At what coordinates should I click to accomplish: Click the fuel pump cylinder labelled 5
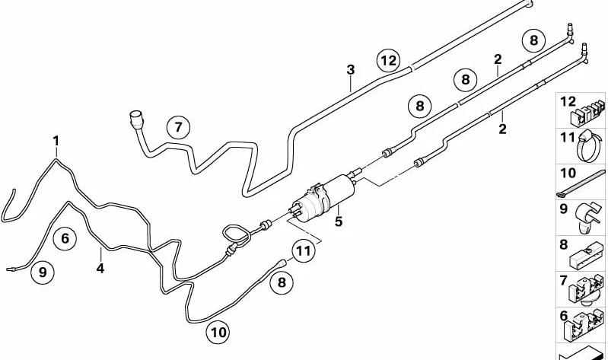(x=323, y=198)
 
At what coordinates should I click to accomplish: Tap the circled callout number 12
(x=389, y=61)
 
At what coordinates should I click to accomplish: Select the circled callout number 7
(x=178, y=127)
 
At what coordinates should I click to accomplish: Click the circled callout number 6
(x=65, y=238)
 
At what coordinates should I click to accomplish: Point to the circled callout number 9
(x=43, y=272)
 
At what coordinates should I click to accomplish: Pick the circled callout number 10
(x=218, y=332)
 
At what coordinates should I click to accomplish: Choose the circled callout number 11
(x=303, y=251)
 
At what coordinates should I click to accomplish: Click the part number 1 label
(x=56, y=142)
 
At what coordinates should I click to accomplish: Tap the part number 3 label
(x=351, y=70)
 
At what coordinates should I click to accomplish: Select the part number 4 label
(x=100, y=268)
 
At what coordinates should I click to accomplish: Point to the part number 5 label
(x=339, y=221)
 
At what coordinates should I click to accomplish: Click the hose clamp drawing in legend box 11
(x=589, y=146)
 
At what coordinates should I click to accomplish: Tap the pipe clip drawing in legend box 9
(x=587, y=217)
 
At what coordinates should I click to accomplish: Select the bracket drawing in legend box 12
(x=587, y=113)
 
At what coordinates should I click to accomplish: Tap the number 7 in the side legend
(x=563, y=280)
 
